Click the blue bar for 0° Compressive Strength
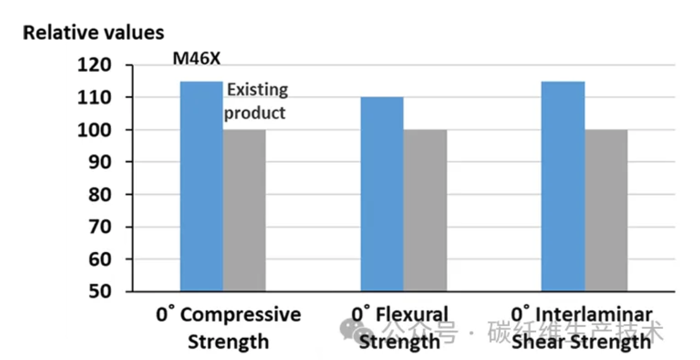tap(202, 186)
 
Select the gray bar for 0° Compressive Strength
tap(244, 210)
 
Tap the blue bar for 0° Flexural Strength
tap(382, 194)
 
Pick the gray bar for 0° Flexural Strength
tap(425, 210)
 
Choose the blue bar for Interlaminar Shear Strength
tap(563, 186)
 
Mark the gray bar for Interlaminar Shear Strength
tap(606, 210)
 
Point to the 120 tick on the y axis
tap(94, 65)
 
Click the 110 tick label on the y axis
tap(94, 97)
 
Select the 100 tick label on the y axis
tap(94, 129)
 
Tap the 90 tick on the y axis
tap(97, 162)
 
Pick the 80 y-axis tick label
tap(97, 195)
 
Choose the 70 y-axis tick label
tap(97, 227)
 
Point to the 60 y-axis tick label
tap(97, 259)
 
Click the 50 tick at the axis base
tap(97, 291)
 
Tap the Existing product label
tap(256, 101)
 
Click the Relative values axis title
tap(94, 32)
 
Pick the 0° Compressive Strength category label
tap(229, 328)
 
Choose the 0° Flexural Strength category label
tap(400, 328)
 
